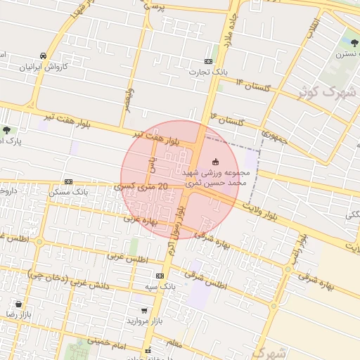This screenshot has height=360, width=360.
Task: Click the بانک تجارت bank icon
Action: (208, 61)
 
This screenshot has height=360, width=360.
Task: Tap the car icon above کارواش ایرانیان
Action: (44, 56)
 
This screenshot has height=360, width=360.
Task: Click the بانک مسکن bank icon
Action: (68, 181)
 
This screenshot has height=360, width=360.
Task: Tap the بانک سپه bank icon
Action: (160, 276)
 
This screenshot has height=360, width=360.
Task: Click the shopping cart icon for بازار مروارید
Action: (144, 310)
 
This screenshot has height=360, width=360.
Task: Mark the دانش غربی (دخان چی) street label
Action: (67, 278)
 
